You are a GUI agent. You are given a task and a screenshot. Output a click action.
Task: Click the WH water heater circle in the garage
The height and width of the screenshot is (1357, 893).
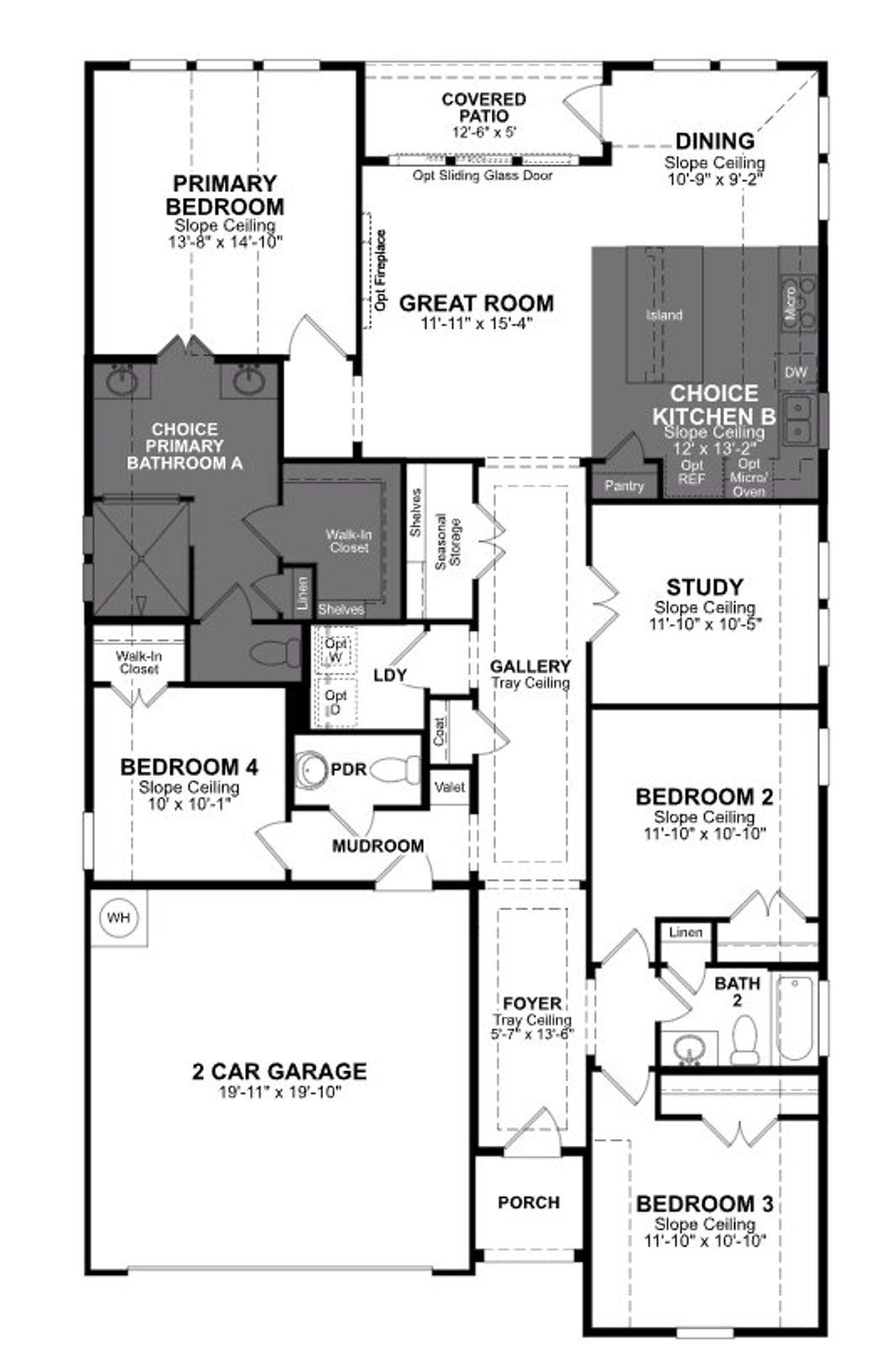click(x=119, y=917)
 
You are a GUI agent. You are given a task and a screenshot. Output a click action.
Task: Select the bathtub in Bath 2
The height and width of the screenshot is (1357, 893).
click(x=795, y=1017)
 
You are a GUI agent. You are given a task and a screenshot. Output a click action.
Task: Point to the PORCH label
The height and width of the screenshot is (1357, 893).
click(x=528, y=1202)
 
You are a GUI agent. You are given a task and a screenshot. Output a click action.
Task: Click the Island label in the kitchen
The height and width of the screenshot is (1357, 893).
click(x=663, y=315)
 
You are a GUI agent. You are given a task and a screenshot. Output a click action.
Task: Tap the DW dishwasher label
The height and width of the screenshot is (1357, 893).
click(x=795, y=372)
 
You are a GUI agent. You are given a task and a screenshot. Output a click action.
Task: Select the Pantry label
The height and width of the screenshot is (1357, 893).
click(x=624, y=485)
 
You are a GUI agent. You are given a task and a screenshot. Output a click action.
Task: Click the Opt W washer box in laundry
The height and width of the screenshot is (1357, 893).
click(x=336, y=650)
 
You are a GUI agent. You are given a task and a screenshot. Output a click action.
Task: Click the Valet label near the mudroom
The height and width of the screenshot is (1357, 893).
click(x=449, y=787)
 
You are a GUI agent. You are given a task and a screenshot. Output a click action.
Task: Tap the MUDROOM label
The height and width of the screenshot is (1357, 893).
click(x=377, y=846)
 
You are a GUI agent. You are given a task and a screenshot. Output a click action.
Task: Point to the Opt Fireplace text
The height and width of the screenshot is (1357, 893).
click(x=381, y=271)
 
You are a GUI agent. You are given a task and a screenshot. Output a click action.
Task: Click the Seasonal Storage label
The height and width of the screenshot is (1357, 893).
click(x=449, y=543)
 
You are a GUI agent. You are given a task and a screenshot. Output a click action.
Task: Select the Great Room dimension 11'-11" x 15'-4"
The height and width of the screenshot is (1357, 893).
click(x=476, y=323)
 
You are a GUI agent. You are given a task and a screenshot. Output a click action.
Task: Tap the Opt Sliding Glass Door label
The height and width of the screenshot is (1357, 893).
click(x=482, y=176)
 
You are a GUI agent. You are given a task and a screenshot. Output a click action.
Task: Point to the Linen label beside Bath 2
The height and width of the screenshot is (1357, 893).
click(x=685, y=932)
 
